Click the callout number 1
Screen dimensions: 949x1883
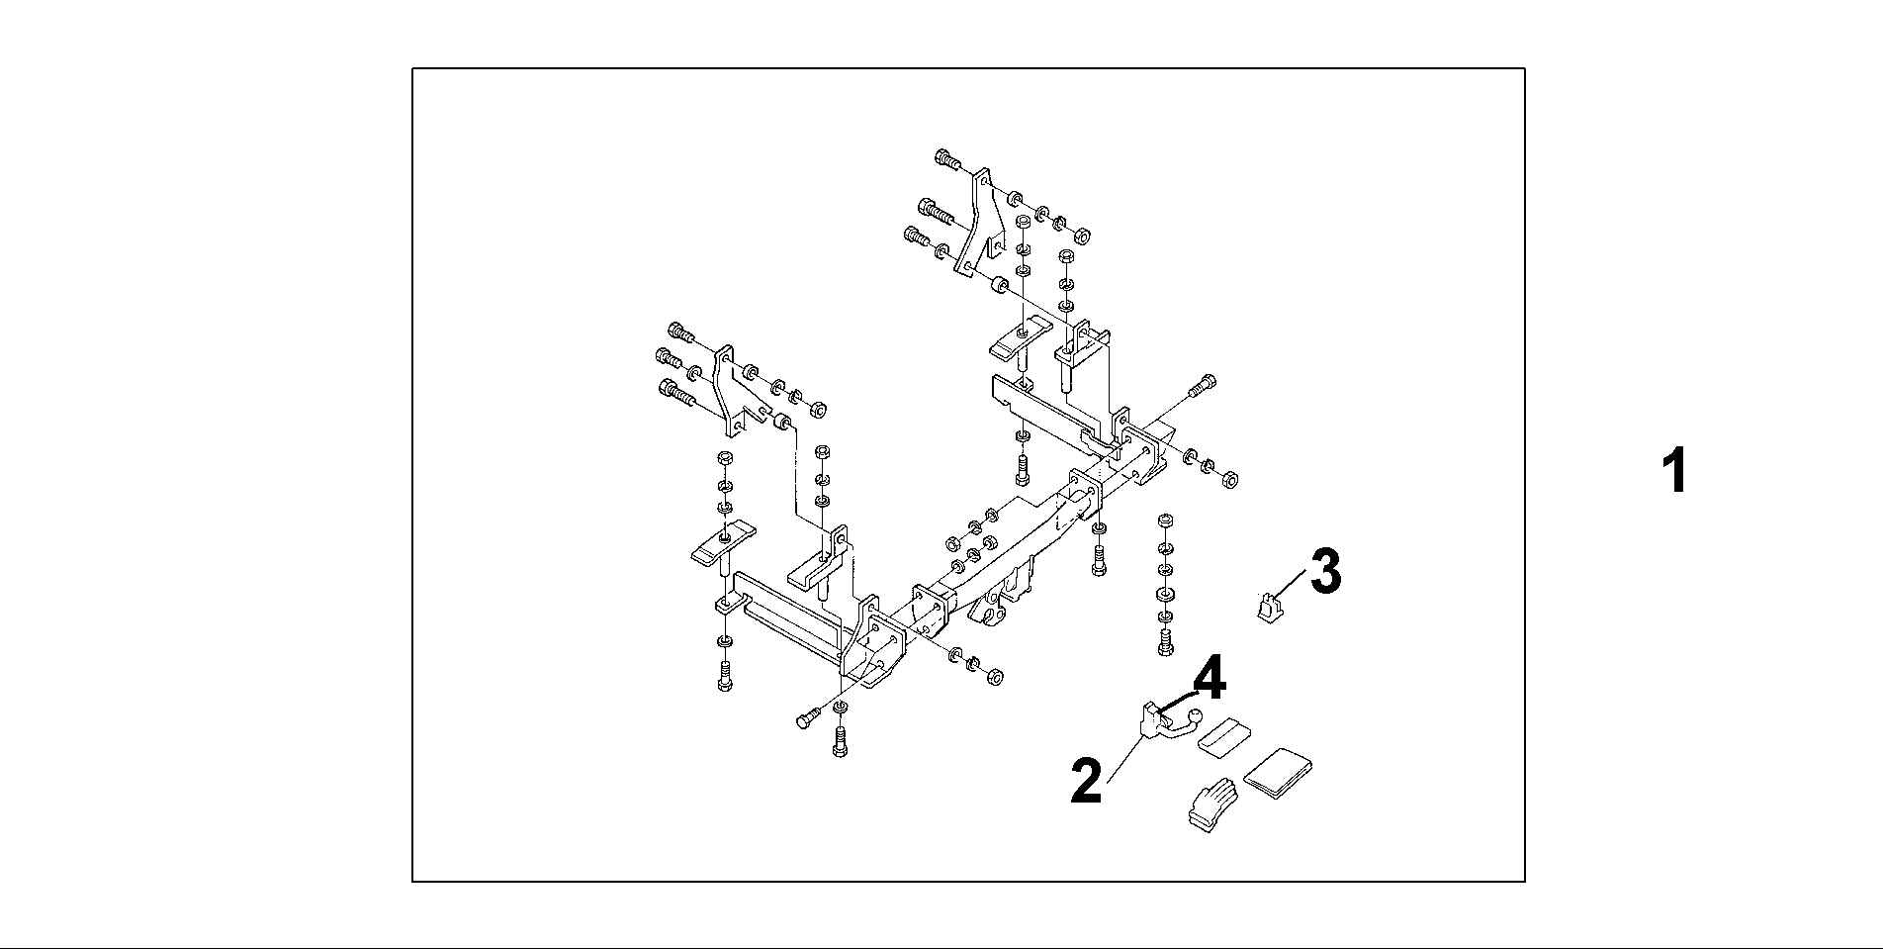pyautogui.click(x=1673, y=472)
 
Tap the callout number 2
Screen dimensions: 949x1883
pyautogui.click(x=1086, y=782)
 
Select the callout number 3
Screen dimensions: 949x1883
pyautogui.click(x=1325, y=572)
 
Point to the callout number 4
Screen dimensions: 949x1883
pyautogui.click(x=1209, y=681)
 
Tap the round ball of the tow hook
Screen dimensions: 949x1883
pyautogui.click(x=1196, y=715)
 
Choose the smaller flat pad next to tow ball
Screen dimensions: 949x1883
pyautogui.click(x=1222, y=736)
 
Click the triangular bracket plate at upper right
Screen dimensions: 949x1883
pyautogui.click(x=978, y=223)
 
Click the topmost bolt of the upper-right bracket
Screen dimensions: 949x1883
pyautogui.click(x=946, y=158)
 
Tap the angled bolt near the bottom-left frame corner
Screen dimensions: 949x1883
pyautogui.click(x=808, y=718)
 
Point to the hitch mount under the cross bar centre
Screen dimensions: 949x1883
pyautogui.click(x=1000, y=605)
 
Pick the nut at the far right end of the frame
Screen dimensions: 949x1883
pyautogui.click(x=1230, y=479)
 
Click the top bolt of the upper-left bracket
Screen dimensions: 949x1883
pyautogui.click(x=681, y=332)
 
